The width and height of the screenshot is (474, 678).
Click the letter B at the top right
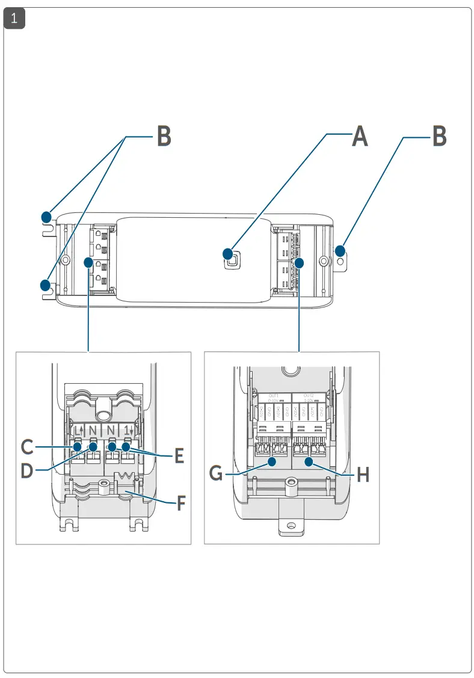tap(440, 137)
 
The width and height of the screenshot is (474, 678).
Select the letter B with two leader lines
tap(164, 137)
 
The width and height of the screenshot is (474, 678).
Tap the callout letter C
tap(26, 447)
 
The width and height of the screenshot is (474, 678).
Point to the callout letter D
tap(27, 470)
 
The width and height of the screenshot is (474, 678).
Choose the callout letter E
tap(178, 455)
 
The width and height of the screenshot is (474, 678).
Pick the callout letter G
tap(217, 474)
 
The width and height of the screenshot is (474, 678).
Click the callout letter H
tap(363, 475)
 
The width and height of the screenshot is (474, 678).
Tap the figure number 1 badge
tap(15, 19)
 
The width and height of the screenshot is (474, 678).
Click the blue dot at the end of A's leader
tap(229, 253)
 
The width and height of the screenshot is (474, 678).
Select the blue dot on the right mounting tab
tap(340, 250)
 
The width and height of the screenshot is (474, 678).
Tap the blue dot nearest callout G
tap(272, 462)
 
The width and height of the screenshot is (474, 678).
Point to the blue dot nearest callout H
tap(309, 462)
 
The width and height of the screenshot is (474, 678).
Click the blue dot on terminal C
tap(78, 446)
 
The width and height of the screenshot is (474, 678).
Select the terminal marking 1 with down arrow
tap(128, 431)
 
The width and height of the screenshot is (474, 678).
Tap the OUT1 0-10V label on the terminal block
tap(274, 398)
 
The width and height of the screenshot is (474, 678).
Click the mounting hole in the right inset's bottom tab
tap(291, 526)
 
